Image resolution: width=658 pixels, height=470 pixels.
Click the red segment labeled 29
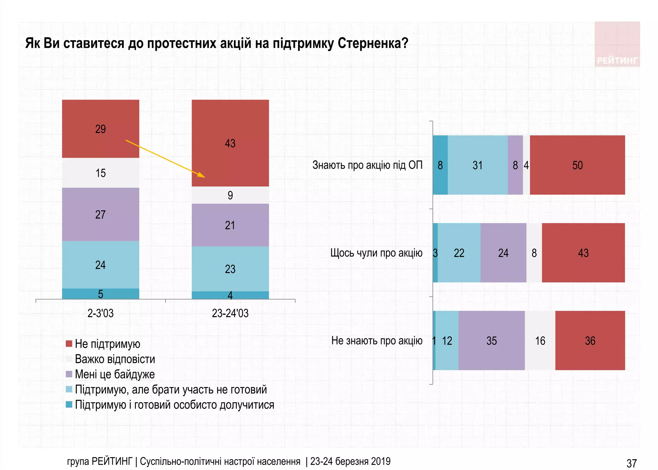[101, 129]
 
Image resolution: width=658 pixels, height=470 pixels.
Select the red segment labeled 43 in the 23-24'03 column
[230, 143]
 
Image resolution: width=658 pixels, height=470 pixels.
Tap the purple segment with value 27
[101, 214]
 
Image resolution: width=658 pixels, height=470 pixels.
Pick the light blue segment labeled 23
[230, 269]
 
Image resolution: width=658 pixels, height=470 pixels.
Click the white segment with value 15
[101, 173]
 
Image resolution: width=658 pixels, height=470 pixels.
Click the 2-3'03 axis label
[101, 313]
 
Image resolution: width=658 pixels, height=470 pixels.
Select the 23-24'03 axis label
[230, 313]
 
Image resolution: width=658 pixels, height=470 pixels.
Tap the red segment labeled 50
[577, 165]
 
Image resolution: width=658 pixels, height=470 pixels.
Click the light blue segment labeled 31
[477, 165]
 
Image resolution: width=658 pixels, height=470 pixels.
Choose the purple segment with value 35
[491, 341]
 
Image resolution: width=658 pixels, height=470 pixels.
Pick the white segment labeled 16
[540, 341]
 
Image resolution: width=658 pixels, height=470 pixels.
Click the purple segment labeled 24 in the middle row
[503, 253]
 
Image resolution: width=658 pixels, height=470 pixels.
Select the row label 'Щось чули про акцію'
[376, 253]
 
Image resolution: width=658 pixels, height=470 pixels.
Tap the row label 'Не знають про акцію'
[377, 341]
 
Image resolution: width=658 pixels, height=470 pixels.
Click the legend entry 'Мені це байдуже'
[115, 374]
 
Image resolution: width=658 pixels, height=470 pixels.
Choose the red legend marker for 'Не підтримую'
[69, 344]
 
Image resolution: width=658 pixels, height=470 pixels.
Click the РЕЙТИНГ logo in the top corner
[617, 44]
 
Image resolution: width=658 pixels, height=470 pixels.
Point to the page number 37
[631, 463]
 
